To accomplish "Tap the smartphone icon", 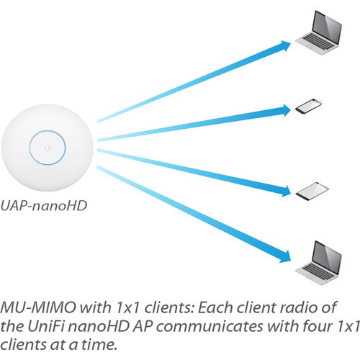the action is click(308, 106).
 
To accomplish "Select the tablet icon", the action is click(312, 192).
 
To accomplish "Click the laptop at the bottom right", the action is click(318, 263).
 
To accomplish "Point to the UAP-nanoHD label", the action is click(43, 206).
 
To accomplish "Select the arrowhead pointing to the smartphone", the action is click(286, 110).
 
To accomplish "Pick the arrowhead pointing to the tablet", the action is click(286, 191).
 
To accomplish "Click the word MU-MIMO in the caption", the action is click(38, 307).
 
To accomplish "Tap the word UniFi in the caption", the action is click(45, 326).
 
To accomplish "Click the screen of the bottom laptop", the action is click(327, 258).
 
